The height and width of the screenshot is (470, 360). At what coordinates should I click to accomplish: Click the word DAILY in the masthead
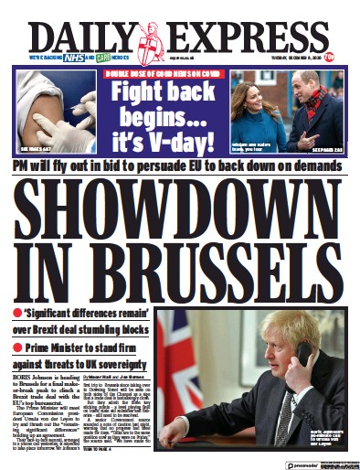click(79, 37)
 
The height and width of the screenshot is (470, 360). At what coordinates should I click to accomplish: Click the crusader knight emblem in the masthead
click(150, 41)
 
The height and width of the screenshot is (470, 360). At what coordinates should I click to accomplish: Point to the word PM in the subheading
click(27, 167)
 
